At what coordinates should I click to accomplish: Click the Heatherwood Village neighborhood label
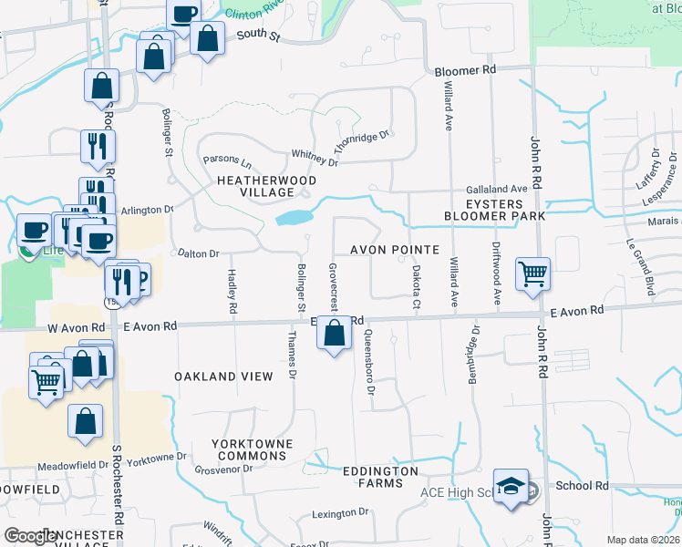click(x=266, y=186)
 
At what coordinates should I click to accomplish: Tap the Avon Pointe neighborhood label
click(x=396, y=250)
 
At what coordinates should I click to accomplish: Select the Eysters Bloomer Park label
click(x=493, y=210)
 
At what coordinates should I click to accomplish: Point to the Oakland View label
click(x=223, y=377)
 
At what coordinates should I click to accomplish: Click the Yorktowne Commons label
click(x=252, y=449)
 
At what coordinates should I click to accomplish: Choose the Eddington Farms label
click(x=379, y=478)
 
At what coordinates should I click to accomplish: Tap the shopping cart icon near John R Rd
click(x=532, y=273)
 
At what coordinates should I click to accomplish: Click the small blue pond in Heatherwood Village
click(x=292, y=218)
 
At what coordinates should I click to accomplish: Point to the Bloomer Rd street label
click(x=465, y=70)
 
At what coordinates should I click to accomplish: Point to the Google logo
click(x=30, y=536)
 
